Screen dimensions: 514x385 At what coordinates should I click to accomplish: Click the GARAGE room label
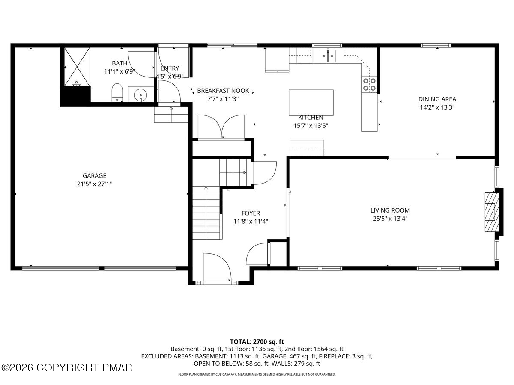click(94, 175)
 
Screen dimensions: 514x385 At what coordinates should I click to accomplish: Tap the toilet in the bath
click(117, 93)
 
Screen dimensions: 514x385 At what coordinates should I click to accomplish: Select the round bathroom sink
click(140, 95)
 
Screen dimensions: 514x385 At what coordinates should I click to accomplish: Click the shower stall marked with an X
click(77, 67)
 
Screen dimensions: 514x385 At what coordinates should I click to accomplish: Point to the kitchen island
click(311, 103)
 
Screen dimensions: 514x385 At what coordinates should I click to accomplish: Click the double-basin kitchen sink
click(328, 56)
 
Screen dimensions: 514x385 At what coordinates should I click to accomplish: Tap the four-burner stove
click(369, 84)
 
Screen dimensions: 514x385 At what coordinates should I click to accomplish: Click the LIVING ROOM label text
click(390, 210)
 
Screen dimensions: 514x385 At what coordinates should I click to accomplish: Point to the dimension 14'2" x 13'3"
click(437, 107)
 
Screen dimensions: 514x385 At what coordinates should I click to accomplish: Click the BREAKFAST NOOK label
click(223, 91)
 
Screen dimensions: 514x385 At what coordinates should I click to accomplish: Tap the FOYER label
click(251, 213)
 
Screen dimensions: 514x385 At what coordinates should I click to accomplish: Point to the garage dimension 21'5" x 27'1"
click(94, 184)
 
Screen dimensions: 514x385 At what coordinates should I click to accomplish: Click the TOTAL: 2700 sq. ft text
click(257, 341)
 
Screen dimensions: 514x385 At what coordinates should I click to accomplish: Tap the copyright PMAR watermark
click(66, 367)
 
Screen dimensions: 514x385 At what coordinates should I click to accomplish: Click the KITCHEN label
click(311, 118)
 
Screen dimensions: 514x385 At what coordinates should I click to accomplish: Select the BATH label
click(120, 63)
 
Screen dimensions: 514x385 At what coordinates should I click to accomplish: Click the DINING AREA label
click(437, 99)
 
